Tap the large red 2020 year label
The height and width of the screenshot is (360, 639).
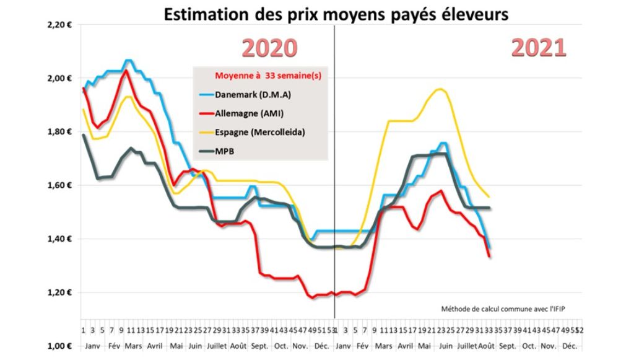click(269, 48)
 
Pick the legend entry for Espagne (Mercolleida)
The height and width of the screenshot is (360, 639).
click(259, 133)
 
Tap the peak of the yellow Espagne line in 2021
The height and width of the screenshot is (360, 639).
click(439, 89)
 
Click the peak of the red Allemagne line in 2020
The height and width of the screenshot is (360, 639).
click(126, 70)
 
